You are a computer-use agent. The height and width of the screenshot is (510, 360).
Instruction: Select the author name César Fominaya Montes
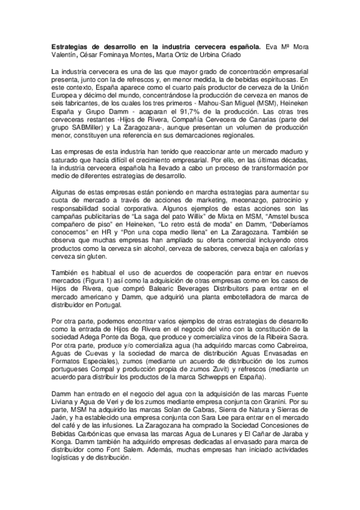point(118,56)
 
